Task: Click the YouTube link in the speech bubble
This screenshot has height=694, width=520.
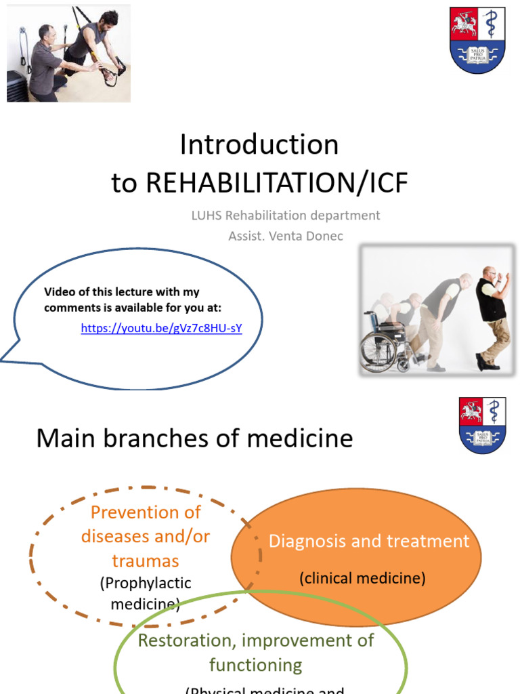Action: pos(161,329)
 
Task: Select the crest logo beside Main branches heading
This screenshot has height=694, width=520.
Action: pos(482,426)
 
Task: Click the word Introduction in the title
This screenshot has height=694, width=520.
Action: pos(259,144)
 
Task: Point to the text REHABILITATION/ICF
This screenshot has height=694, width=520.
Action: pos(278,182)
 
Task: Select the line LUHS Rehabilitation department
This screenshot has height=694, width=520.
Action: pos(285,216)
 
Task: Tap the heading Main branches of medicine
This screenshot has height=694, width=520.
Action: pos(194,438)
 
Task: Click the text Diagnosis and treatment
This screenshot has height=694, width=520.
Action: pos(369,541)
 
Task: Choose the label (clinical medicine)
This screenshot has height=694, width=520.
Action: pos(362,578)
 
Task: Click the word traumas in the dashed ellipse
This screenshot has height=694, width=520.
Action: pos(146,560)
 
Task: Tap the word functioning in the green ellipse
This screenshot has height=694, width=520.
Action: pos(256,665)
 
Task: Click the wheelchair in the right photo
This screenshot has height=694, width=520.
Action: pos(383,344)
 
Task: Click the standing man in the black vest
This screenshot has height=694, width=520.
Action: pos(490,315)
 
